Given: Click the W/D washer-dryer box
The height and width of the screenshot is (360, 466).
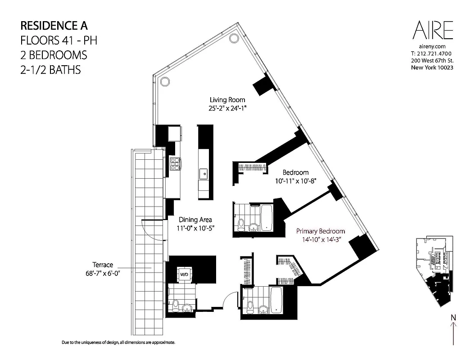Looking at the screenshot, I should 184,274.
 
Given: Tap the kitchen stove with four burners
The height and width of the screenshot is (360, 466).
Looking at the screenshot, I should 175,163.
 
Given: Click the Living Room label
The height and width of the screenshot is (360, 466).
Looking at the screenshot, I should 227,100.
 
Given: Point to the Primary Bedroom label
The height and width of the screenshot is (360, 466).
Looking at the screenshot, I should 321,231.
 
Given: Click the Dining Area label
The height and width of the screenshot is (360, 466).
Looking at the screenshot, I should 195,220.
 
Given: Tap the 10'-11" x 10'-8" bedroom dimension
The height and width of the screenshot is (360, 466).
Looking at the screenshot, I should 296,181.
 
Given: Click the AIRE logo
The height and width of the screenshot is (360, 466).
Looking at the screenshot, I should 432,31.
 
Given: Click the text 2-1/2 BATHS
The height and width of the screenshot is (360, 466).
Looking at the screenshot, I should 51,70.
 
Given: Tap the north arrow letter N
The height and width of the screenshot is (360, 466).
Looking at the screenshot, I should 453,319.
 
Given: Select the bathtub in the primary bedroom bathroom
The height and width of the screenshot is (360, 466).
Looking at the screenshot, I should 276,299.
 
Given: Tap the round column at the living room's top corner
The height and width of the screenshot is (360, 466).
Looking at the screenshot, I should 234,39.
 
